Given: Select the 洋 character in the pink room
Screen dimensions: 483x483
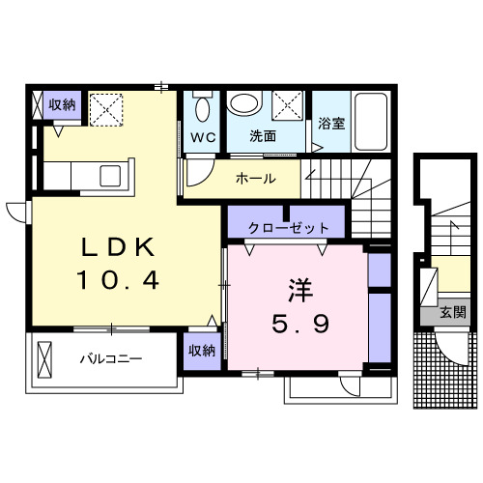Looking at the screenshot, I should [298, 290].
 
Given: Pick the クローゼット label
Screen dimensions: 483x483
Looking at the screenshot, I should [289, 228].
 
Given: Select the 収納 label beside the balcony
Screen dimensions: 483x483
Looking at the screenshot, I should [202, 350].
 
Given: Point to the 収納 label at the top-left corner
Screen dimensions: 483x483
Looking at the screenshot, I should [62, 104].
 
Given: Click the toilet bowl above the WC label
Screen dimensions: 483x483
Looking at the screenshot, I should [202, 106].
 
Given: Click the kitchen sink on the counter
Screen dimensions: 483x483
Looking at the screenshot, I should [108, 175].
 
